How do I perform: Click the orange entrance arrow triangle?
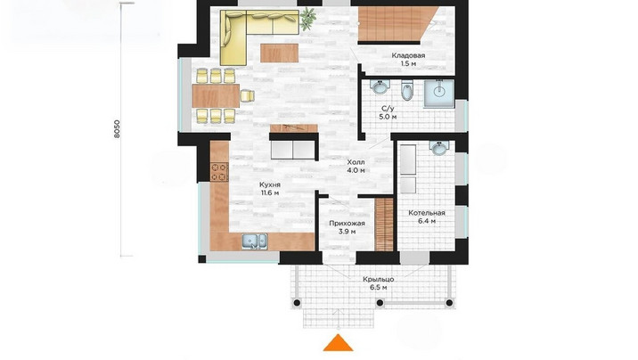(x=338, y=343)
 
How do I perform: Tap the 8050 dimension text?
(x=118, y=129)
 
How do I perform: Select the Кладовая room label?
(x=408, y=56)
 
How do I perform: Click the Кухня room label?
(x=270, y=184)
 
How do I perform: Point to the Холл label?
(x=356, y=162)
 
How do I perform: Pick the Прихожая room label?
(x=347, y=224)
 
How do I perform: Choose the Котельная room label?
(x=427, y=213)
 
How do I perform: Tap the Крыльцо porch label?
(x=378, y=280)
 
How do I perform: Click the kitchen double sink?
(x=255, y=241)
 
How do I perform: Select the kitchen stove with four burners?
(x=219, y=171)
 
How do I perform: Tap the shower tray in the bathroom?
(x=439, y=94)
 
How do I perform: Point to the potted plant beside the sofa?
(x=307, y=19)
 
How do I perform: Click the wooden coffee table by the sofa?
(x=280, y=53)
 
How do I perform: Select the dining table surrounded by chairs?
(x=216, y=96)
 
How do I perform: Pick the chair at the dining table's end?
(x=248, y=95)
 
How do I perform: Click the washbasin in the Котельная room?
(x=438, y=148)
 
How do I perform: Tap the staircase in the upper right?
(x=395, y=24)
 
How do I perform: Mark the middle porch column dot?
(x=380, y=303)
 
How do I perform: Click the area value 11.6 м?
(x=270, y=192)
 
